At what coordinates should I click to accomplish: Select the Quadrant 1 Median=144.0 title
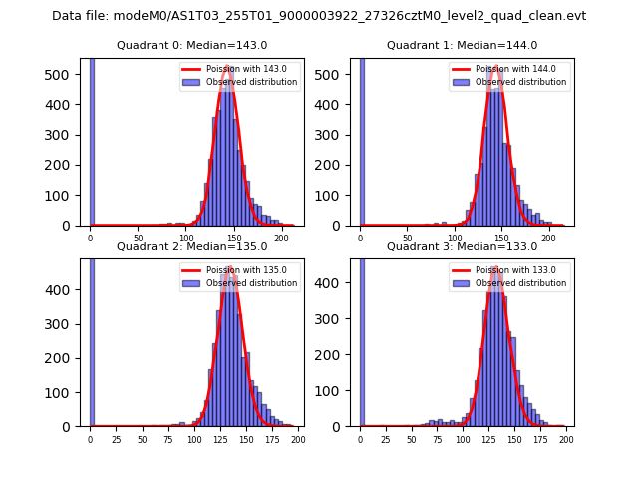[x=462, y=45]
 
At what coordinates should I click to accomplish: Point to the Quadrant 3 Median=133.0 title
[x=462, y=246]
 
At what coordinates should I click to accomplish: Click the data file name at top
[x=319, y=16]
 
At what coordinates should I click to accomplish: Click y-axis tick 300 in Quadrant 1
[x=338, y=135]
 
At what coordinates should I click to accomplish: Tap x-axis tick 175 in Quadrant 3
[x=540, y=439]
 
